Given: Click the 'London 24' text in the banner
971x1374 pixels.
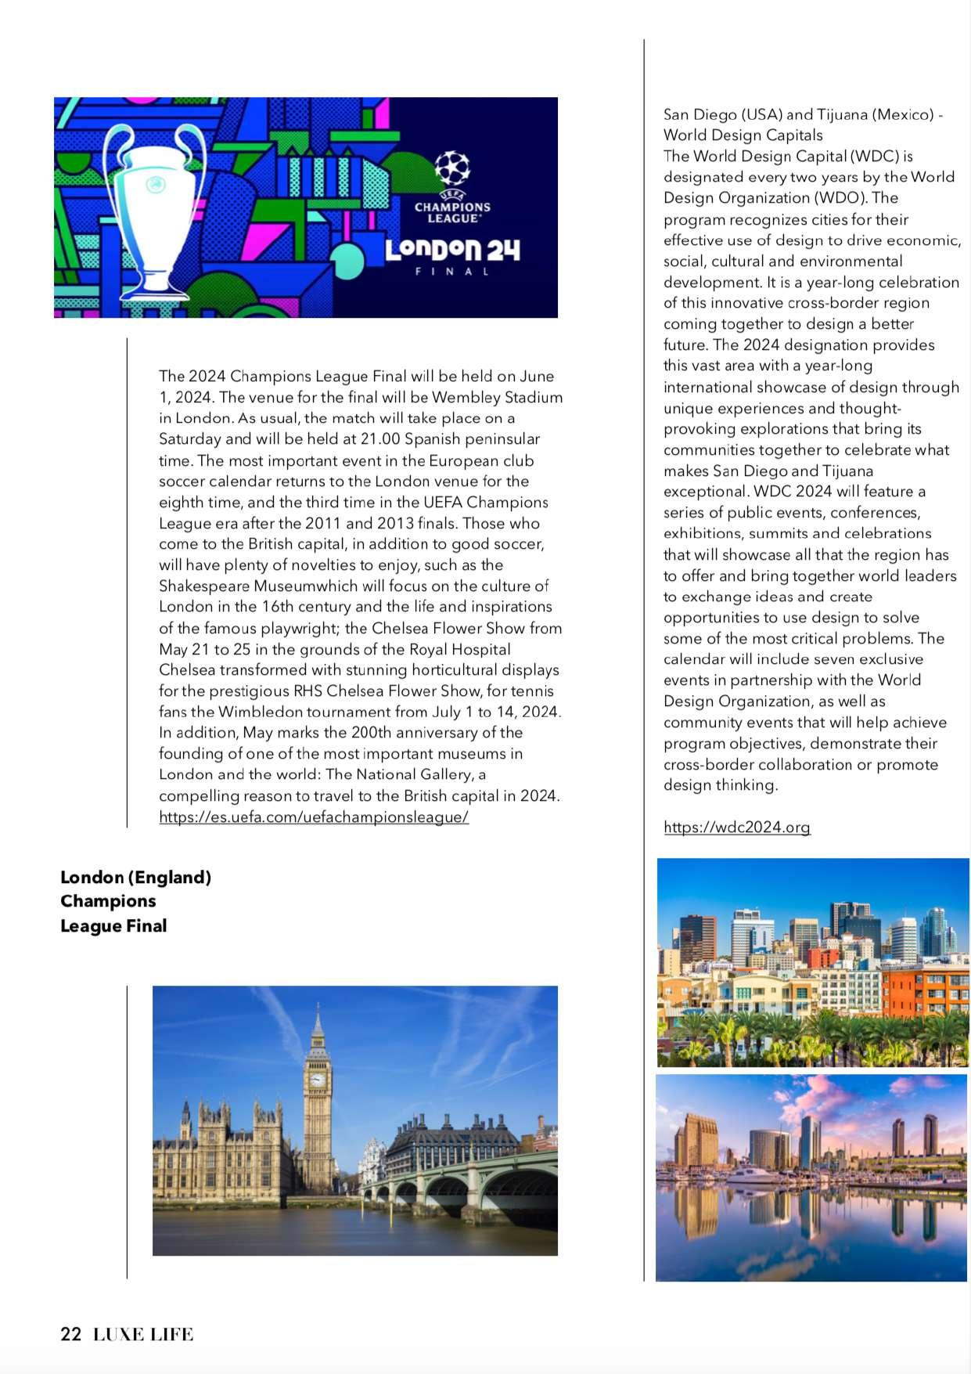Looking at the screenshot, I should coord(452,250).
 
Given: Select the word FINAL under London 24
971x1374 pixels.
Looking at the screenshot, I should coord(452,272).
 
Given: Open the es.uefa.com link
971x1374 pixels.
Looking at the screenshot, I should coord(314,817).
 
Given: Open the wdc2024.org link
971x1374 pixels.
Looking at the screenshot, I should coord(737,828).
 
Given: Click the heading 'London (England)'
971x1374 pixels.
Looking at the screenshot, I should coord(136,877).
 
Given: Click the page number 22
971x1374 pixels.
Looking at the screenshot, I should coord(70,1334).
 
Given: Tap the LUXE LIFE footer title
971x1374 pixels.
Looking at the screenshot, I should coord(143,1334).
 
